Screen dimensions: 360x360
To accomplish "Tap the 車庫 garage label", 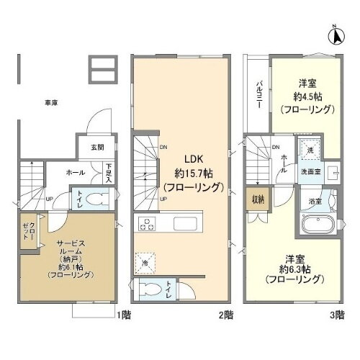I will [x=50, y=103].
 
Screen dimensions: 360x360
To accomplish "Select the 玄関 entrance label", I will [x=96, y=147].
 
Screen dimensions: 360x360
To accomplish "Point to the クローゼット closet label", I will [x=22, y=232].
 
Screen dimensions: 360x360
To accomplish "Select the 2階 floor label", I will [x=225, y=315].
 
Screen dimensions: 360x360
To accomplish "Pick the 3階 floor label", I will [x=337, y=315].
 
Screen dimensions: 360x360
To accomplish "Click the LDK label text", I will [x=194, y=161].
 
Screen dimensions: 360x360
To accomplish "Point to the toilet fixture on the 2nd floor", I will [x=150, y=289].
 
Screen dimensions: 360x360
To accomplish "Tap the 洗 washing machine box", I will [x=310, y=149].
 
